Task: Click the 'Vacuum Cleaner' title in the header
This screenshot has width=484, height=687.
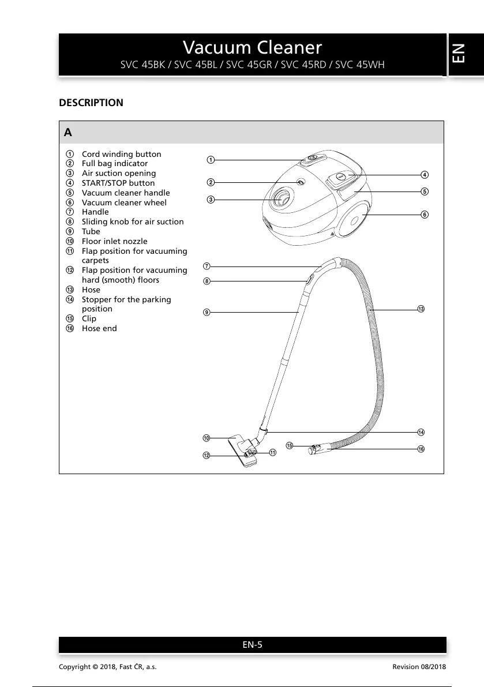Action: tap(252, 47)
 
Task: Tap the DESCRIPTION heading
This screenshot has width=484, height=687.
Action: tap(91, 103)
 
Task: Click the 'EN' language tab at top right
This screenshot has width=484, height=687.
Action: tap(459, 55)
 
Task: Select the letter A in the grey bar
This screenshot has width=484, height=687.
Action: tap(68, 133)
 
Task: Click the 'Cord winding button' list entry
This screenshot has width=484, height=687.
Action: tap(121, 154)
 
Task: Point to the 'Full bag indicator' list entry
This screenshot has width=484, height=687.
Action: tap(115, 164)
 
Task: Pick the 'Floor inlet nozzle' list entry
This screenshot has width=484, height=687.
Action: tap(114, 241)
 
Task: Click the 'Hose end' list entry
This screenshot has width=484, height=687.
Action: tap(99, 328)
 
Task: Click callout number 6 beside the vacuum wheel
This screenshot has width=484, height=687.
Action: tap(424, 215)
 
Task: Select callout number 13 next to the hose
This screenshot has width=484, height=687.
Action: tap(421, 309)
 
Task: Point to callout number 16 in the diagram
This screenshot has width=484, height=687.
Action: tap(421, 449)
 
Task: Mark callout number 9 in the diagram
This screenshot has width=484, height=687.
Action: tap(206, 312)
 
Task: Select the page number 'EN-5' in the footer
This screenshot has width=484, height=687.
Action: tap(252, 645)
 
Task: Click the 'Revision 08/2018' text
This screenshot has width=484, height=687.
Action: tap(419, 667)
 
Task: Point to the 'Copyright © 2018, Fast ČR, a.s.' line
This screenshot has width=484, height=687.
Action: tap(108, 667)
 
